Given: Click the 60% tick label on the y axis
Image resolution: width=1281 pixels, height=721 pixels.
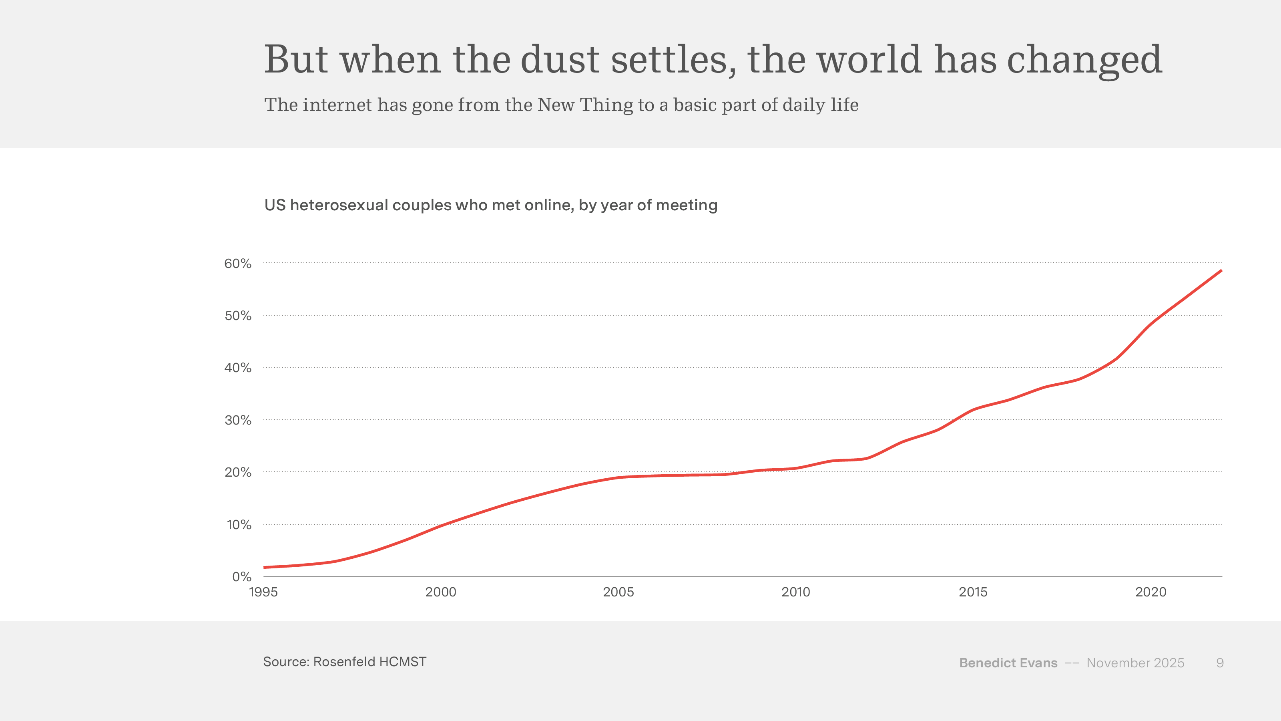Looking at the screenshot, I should tap(238, 264).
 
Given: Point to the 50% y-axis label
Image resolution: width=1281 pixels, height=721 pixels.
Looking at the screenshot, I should tap(238, 316).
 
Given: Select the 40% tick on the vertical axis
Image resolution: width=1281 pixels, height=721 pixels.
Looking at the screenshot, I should tap(238, 368).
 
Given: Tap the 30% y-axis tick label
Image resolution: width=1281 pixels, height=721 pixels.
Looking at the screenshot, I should tap(238, 421).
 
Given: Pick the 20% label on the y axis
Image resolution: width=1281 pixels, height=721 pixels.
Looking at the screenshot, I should tap(238, 472).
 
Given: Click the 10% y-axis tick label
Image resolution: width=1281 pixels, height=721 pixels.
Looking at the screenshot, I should tap(239, 525).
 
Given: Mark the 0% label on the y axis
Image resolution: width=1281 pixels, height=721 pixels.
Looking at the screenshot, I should tap(242, 577).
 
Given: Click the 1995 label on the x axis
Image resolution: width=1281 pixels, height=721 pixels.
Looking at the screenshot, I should tap(263, 592).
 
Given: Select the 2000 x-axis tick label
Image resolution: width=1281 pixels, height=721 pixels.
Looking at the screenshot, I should tap(441, 592).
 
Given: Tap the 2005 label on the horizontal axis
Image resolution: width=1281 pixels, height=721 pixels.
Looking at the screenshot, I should tap(618, 592).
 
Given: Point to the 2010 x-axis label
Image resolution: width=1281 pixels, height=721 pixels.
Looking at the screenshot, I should tap(796, 592).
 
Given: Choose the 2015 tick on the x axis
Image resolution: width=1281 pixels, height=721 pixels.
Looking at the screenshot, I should tap(973, 592).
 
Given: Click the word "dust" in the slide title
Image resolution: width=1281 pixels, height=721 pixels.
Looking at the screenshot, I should tap(560, 60).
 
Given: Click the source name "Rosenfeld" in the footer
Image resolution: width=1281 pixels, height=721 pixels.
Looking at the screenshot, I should tap(344, 662).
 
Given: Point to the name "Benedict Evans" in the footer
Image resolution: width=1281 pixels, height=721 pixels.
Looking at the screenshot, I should tap(1008, 663).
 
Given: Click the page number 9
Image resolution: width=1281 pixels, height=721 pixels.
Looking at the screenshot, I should tap(1220, 663).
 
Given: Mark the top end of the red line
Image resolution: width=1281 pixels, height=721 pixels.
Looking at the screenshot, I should tap(1221, 271).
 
